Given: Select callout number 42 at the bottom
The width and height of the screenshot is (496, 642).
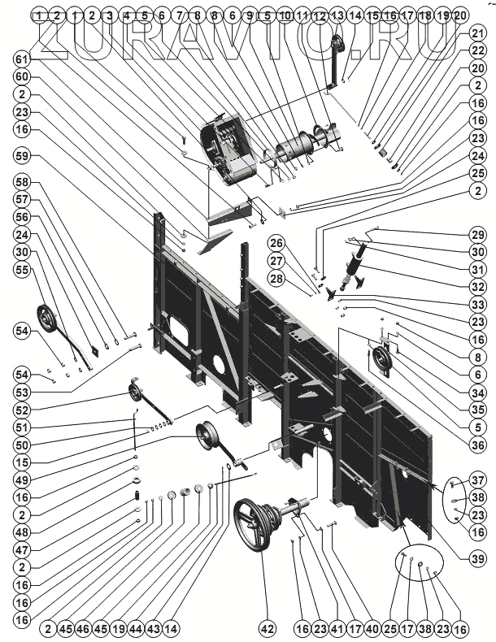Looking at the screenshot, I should [268, 629].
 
